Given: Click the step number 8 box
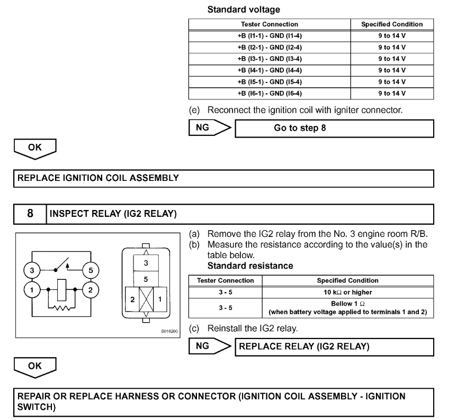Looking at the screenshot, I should pyautogui.click(x=30, y=215).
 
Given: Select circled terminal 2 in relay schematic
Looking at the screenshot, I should pyautogui.click(x=92, y=290).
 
